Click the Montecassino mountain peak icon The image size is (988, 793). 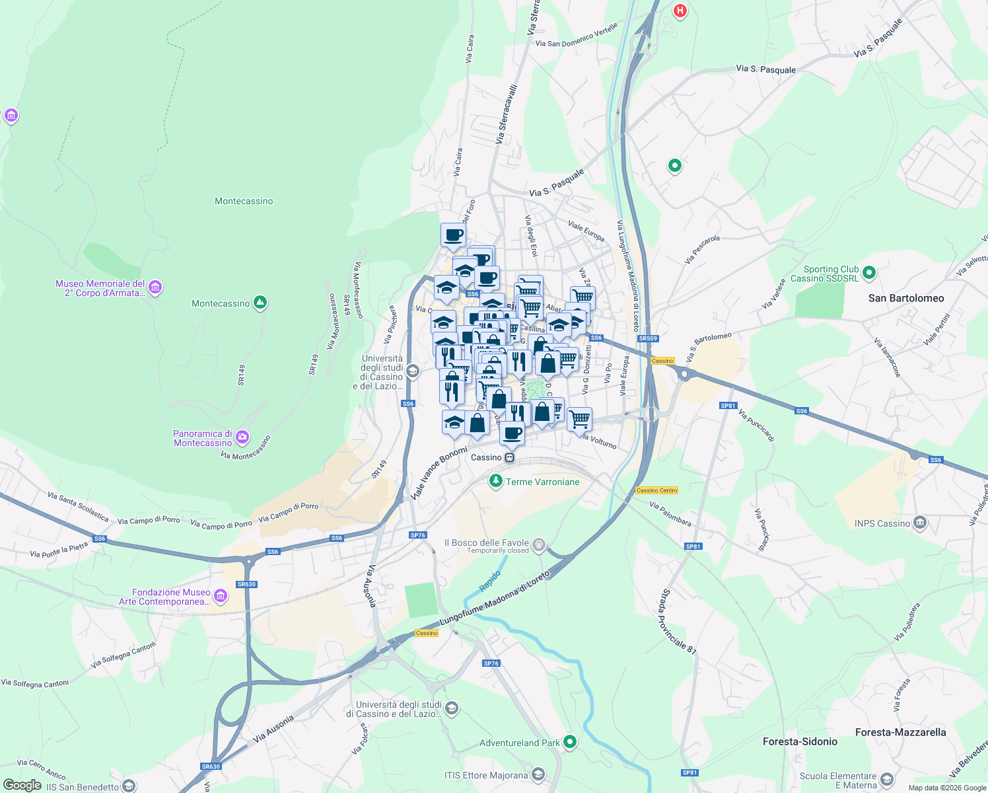click(x=260, y=303)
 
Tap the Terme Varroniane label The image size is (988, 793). click(x=542, y=482)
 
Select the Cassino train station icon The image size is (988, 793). click(x=510, y=457)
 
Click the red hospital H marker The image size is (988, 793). click(x=680, y=11)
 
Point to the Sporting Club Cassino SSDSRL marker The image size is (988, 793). click(x=869, y=272)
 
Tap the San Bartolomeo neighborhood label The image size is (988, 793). click(x=906, y=298)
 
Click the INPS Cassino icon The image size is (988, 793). click(x=920, y=523)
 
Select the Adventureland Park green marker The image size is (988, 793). click(x=570, y=742)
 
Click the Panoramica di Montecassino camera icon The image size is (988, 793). click(x=242, y=437)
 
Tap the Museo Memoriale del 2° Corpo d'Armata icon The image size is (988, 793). click(x=155, y=287)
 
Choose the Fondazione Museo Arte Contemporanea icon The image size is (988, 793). click(x=221, y=596)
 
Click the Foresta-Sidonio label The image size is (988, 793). click(x=800, y=741)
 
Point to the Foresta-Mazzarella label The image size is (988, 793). click(x=900, y=732)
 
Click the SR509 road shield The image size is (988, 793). click(x=648, y=338)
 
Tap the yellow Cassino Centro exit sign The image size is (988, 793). click(x=656, y=490)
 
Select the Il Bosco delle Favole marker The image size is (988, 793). click(x=540, y=545)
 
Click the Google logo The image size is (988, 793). click(x=22, y=785)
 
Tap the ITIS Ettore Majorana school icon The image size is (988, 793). click(x=538, y=774)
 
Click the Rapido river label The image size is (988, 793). click(x=490, y=581)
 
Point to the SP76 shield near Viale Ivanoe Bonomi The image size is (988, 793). click(x=417, y=535)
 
